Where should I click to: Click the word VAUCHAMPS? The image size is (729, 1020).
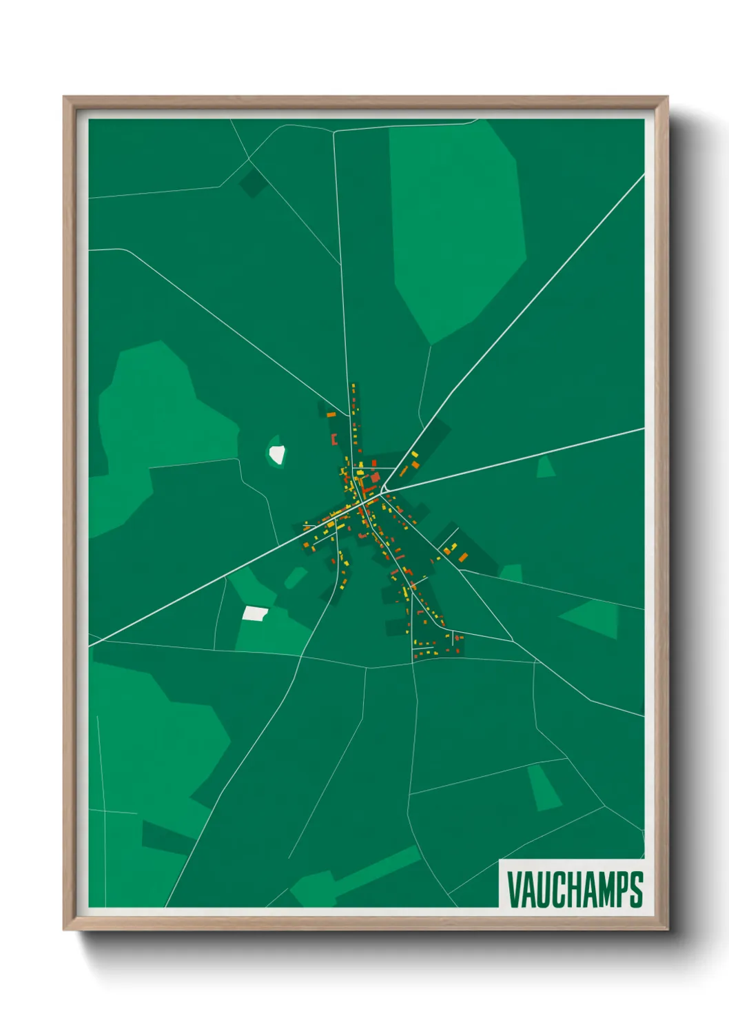(x=575, y=889)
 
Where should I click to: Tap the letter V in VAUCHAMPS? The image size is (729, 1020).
(x=514, y=889)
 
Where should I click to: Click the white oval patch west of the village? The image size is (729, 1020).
(x=277, y=454)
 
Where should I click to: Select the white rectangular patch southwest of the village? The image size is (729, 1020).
(x=255, y=613)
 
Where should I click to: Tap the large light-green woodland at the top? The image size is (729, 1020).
(x=455, y=221)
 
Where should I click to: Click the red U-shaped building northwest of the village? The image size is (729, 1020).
(x=334, y=439)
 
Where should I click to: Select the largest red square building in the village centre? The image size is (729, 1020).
(x=376, y=477)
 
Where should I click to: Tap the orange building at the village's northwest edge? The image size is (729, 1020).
(x=331, y=415)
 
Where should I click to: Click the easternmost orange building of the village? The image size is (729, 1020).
(x=463, y=557)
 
